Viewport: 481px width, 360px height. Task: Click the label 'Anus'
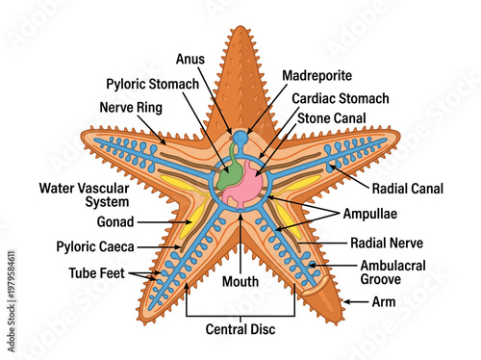(x=188, y=57)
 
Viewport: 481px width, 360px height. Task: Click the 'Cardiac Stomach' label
(x=341, y=98)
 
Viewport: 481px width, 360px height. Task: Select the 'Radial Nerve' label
(x=388, y=244)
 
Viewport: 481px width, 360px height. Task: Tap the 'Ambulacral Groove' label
(x=396, y=270)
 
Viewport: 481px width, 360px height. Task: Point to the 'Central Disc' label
(x=240, y=330)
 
